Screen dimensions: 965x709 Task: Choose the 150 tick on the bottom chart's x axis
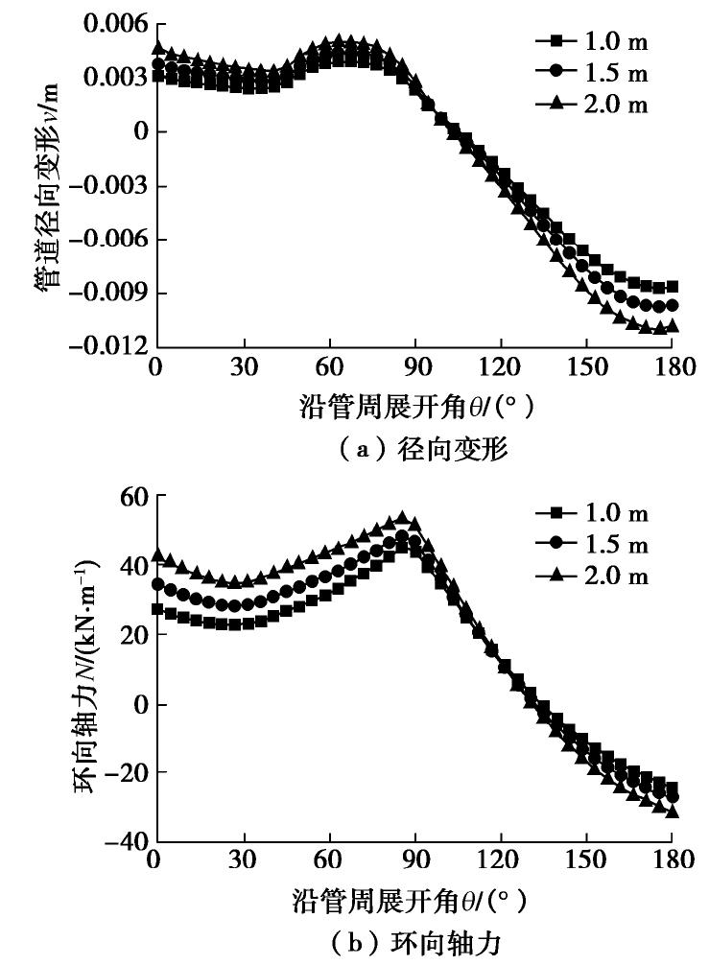coord(587,859)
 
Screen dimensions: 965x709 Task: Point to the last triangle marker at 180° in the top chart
coord(673,326)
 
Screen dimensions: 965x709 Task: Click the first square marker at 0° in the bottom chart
coord(157,608)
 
